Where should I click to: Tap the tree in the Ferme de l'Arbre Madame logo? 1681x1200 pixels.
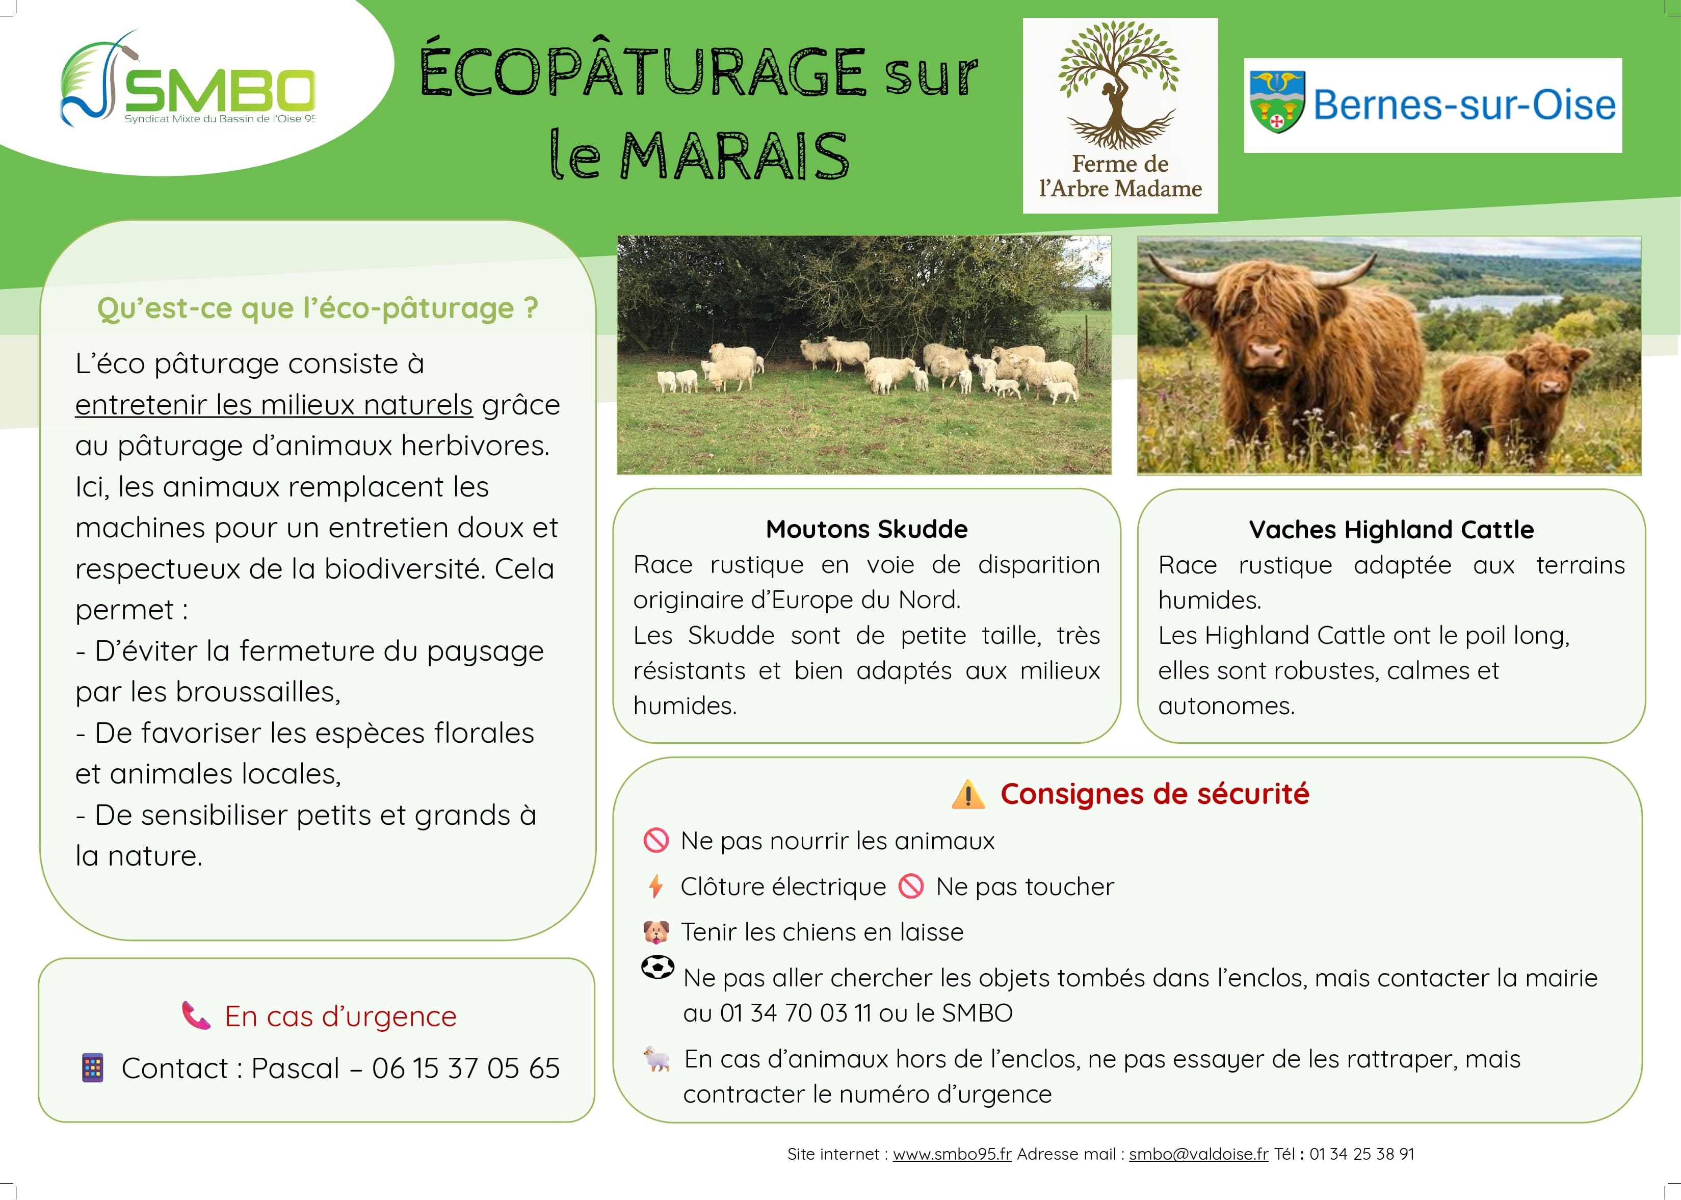(1119, 81)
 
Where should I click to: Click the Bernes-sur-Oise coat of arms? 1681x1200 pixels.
(1276, 102)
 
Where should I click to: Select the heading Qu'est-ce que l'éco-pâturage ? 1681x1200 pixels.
(317, 308)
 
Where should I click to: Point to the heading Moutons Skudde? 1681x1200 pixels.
(866, 529)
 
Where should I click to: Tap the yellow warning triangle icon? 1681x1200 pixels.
(968, 795)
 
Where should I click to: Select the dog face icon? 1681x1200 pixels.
(655, 932)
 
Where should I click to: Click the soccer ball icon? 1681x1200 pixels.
(657, 967)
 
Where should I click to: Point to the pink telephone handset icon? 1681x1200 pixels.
(196, 1015)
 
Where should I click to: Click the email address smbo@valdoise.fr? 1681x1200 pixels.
(1198, 1154)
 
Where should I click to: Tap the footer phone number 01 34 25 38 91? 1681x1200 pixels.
(1362, 1154)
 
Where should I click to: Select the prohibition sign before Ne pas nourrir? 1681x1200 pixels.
(655, 841)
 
